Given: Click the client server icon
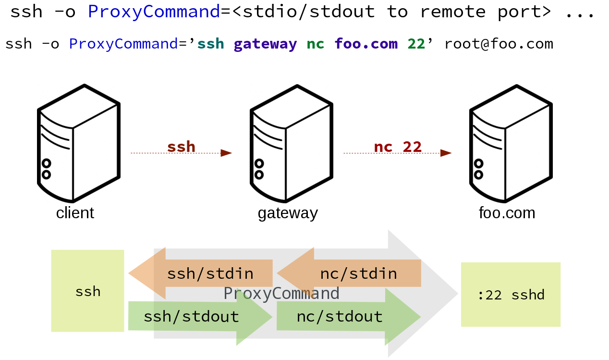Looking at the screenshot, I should [x=78, y=144].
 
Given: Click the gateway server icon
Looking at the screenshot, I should [x=291, y=144].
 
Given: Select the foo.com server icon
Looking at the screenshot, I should [x=510, y=144].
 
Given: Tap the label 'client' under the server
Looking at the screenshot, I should [x=75, y=213].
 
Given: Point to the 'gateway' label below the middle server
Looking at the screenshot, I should [x=288, y=213].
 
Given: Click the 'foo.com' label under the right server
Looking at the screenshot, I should [x=507, y=213].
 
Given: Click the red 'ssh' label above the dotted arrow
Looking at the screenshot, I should [x=181, y=146].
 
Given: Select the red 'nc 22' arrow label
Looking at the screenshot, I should [x=398, y=146].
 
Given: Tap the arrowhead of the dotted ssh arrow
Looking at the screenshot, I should [x=226, y=153].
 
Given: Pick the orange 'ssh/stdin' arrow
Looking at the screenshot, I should [x=202, y=273].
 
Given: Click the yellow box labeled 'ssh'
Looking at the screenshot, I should [x=87, y=291].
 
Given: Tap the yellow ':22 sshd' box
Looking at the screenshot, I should [x=511, y=295].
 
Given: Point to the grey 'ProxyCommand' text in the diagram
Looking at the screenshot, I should [x=281, y=293].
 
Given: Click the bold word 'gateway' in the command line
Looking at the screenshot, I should [x=265, y=44].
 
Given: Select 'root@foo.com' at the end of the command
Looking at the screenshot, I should [x=499, y=44].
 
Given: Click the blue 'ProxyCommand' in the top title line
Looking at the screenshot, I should [x=154, y=12].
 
